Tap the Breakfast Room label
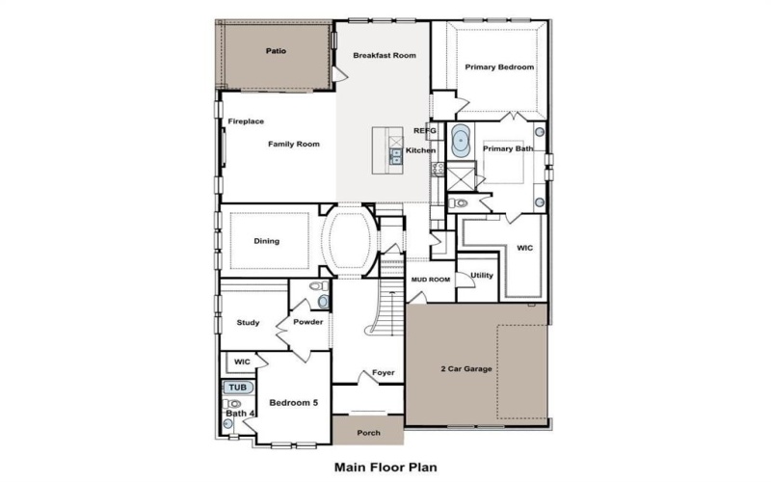tap(385, 56)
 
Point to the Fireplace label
tap(246, 121)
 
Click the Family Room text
tap(294, 144)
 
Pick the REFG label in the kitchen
tap(424, 129)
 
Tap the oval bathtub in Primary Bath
tap(461, 142)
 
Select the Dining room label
tap(267, 241)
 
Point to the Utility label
tap(482, 276)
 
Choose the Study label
tap(248, 323)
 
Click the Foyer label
tap(384, 372)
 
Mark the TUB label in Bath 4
tap(236, 388)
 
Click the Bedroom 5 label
tap(293, 402)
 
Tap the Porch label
tap(368, 433)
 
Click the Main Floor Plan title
tap(385, 466)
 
